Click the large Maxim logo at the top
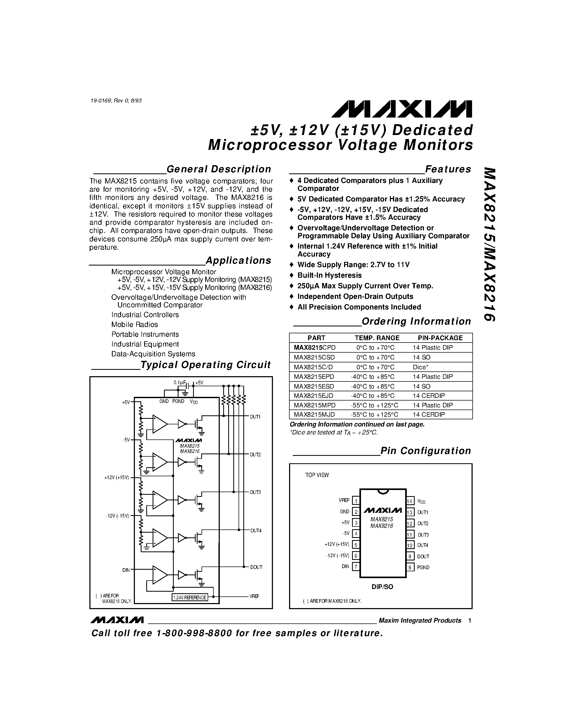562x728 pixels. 401,109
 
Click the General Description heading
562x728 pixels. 218,169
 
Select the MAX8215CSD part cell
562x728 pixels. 314,357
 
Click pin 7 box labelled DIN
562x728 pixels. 355,567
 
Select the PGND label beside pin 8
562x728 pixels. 423,567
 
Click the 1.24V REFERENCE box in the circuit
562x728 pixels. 189,597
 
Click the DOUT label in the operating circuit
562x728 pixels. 256,567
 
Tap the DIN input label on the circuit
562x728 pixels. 126,570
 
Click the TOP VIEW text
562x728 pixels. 317,475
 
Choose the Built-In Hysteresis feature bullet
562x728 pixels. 329,275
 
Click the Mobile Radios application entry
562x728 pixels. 135,324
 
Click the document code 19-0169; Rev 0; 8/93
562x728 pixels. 116,101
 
